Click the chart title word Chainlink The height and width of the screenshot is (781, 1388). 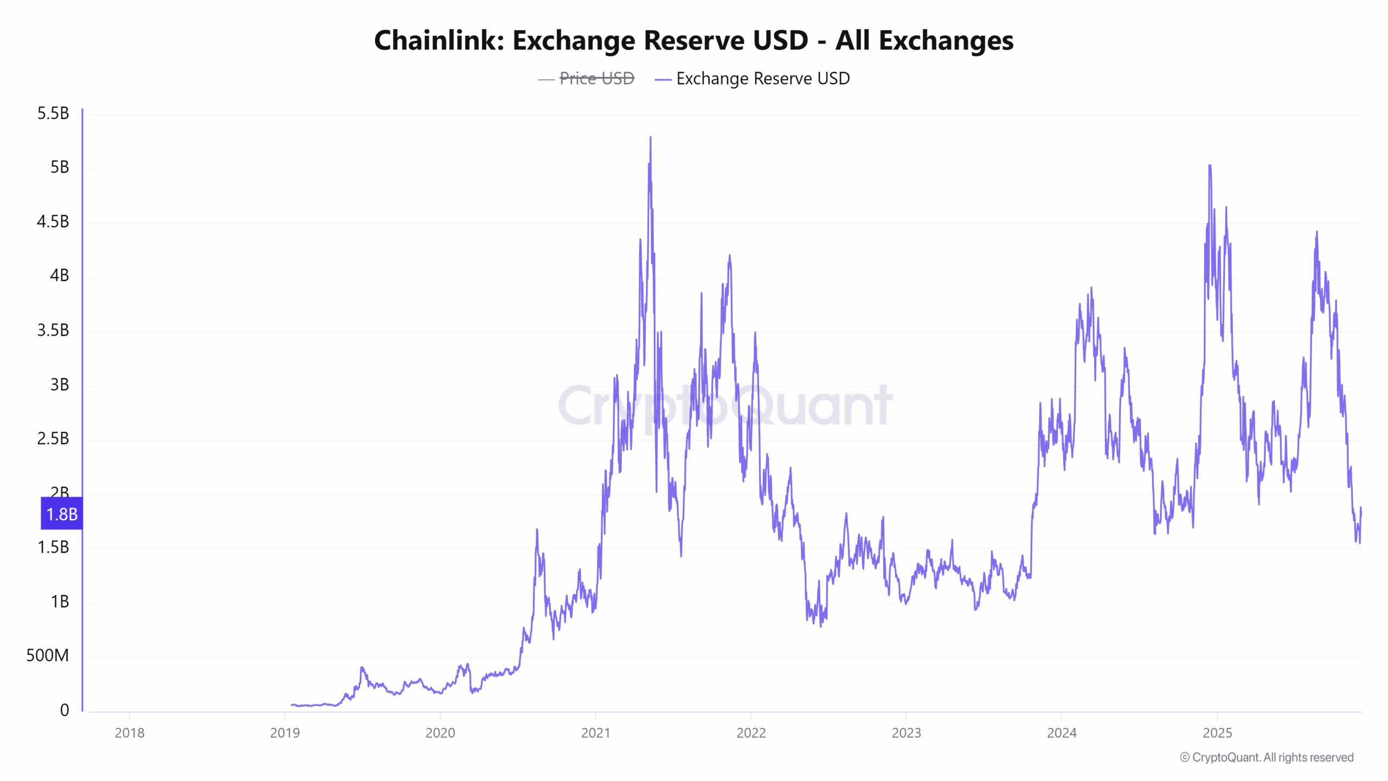439,41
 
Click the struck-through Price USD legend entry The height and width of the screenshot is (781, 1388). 596,79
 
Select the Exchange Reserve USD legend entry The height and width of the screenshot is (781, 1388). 762,79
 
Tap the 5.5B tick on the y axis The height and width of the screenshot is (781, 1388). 53,113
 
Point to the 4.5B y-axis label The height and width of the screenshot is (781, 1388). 53,222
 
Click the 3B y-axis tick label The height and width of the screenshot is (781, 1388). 60,385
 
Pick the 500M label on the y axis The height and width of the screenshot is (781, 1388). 48,656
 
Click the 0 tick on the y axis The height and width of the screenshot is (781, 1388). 65,710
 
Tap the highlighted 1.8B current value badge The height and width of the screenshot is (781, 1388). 62,514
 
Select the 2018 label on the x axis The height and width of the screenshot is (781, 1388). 130,733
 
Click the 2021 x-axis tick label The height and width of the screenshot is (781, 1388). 595,733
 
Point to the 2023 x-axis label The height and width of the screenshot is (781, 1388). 906,733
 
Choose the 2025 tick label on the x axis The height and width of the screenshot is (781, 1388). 1217,733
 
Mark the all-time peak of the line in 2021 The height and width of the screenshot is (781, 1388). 651,138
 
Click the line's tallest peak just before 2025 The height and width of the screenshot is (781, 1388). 1210,166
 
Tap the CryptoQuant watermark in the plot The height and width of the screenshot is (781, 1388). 725,405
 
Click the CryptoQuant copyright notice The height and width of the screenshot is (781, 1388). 1267,757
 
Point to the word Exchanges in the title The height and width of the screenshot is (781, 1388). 946,41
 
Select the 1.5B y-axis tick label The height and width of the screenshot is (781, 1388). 53,547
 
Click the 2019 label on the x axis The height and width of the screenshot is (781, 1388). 285,733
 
